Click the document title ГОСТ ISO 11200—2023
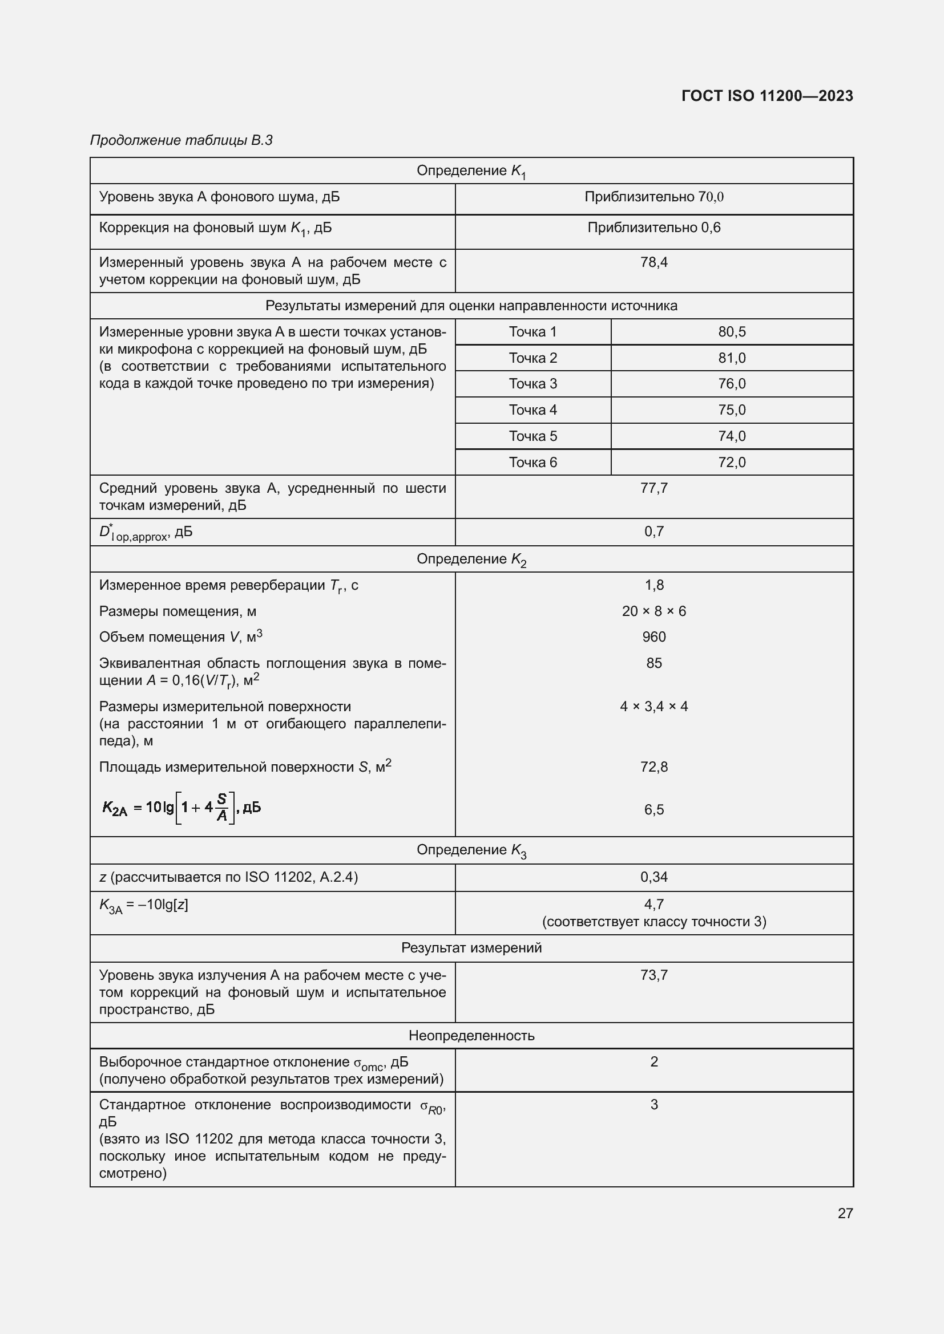click(x=767, y=96)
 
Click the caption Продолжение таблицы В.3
click(x=181, y=140)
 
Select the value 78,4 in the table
click(x=653, y=262)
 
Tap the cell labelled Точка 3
click(x=532, y=383)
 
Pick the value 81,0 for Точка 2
click(x=731, y=358)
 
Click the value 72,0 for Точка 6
click(x=731, y=462)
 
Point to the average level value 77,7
click(x=653, y=488)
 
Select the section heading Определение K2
click(x=471, y=559)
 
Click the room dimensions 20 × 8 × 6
click(x=653, y=611)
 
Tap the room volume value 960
click(x=653, y=637)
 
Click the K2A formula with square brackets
click(x=181, y=807)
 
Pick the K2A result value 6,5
click(x=653, y=809)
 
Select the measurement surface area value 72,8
click(x=653, y=767)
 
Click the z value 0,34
click(x=653, y=877)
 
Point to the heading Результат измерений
click(x=471, y=948)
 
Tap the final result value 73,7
click(x=653, y=975)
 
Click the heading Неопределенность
click(x=471, y=1035)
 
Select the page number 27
click(x=845, y=1213)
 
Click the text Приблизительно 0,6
click(x=653, y=228)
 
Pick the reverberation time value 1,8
click(x=653, y=585)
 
